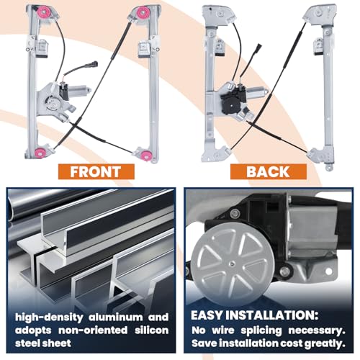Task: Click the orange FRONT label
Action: (96, 171)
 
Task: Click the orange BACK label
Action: (269, 171)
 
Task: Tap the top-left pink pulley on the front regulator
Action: (44, 12)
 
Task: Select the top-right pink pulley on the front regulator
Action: (143, 12)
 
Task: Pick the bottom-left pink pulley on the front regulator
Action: (40, 152)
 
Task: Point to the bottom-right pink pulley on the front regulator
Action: (145, 154)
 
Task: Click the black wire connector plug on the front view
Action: (93, 64)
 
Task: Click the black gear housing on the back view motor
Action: (230, 103)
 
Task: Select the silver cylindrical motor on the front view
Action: (80, 91)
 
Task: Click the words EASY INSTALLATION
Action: (254, 315)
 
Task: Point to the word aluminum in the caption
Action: (116, 318)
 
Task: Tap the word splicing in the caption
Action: (261, 331)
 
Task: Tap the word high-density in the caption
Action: (49, 318)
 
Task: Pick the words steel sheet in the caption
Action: (43, 343)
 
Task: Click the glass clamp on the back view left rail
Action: (220, 48)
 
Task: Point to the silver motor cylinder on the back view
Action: (257, 93)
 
